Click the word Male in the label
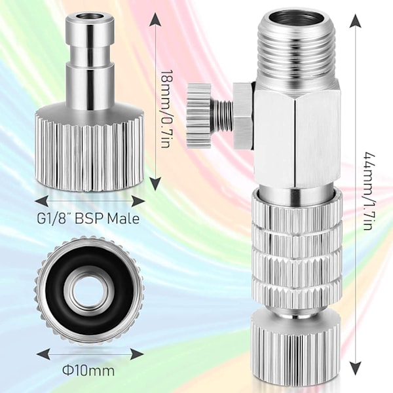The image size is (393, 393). tap(123, 218)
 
